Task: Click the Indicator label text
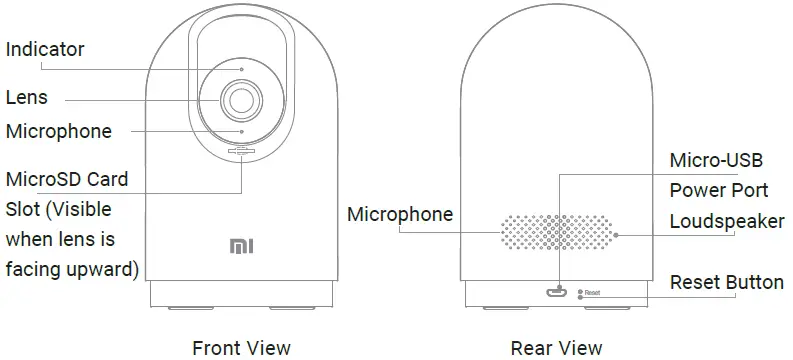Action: point(45,49)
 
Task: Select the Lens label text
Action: point(27,98)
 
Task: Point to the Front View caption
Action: point(241,347)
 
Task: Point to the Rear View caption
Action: point(557,347)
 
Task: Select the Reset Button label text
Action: point(726,281)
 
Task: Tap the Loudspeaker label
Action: point(726,221)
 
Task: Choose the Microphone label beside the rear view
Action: point(400,214)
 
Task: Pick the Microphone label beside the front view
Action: point(58,131)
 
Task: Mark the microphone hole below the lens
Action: point(242,131)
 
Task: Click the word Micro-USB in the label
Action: point(715,161)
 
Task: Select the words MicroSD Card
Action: point(67,180)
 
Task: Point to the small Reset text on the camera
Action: point(591,292)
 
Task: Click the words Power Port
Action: point(718,190)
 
